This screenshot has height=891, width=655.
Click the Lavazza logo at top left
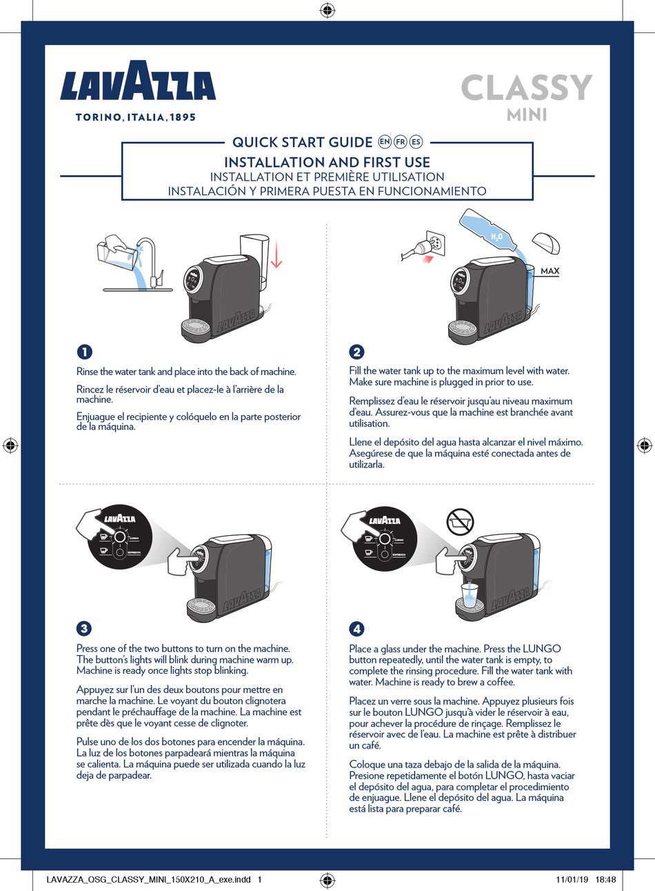138,82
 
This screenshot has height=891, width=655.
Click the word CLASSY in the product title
526,88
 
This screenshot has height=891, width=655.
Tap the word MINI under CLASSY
527,115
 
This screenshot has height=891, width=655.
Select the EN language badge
385,142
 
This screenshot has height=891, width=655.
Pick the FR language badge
400,142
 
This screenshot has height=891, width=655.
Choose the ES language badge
415,142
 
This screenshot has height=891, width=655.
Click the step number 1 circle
84,352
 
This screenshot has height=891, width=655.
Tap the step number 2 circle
356,352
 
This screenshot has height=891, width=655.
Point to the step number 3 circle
84,628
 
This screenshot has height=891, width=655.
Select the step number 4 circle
356,628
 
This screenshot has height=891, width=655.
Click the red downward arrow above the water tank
276,254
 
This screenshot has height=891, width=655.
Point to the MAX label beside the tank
550,271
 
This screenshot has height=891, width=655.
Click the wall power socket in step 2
436,244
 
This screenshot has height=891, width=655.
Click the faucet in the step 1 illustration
149,259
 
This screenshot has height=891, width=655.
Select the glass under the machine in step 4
470,595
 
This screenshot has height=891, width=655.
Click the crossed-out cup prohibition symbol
460,523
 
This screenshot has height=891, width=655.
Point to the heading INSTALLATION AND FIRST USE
327,163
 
